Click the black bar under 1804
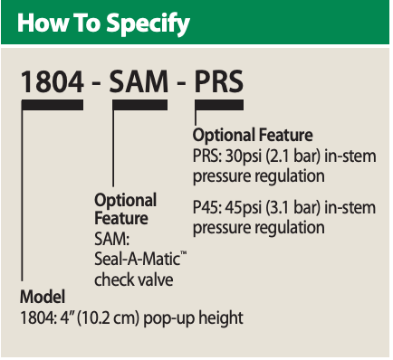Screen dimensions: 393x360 (53, 107)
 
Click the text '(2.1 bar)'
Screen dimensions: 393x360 (293, 156)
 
